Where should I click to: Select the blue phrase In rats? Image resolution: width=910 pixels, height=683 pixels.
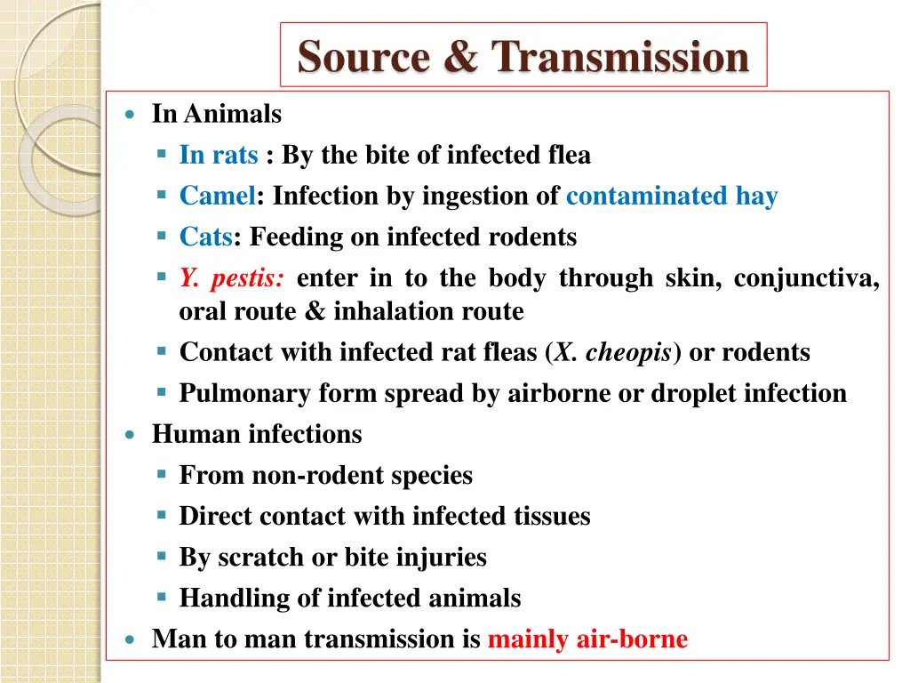click(x=219, y=156)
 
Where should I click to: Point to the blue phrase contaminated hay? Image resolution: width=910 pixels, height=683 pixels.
click(x=672, y=197)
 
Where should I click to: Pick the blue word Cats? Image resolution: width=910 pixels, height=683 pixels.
click(x=206, y=237)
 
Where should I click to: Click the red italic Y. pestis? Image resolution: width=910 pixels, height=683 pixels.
click(x=232, y=279)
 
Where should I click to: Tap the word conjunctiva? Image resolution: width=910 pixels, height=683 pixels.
click(x=806, y=279)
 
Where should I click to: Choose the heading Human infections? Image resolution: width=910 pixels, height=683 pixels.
click(x=257, y=435)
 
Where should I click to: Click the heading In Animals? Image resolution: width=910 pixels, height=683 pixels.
click(x=217, y=115)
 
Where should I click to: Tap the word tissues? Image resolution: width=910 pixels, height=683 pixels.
click(x=552, y=517)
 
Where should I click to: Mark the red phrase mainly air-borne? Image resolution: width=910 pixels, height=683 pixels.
click(x=587, y=639)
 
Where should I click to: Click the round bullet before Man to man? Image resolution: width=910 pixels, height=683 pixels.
click(x=131, y=639)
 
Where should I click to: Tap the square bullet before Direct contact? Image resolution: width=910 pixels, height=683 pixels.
click(x=162, y=515)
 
